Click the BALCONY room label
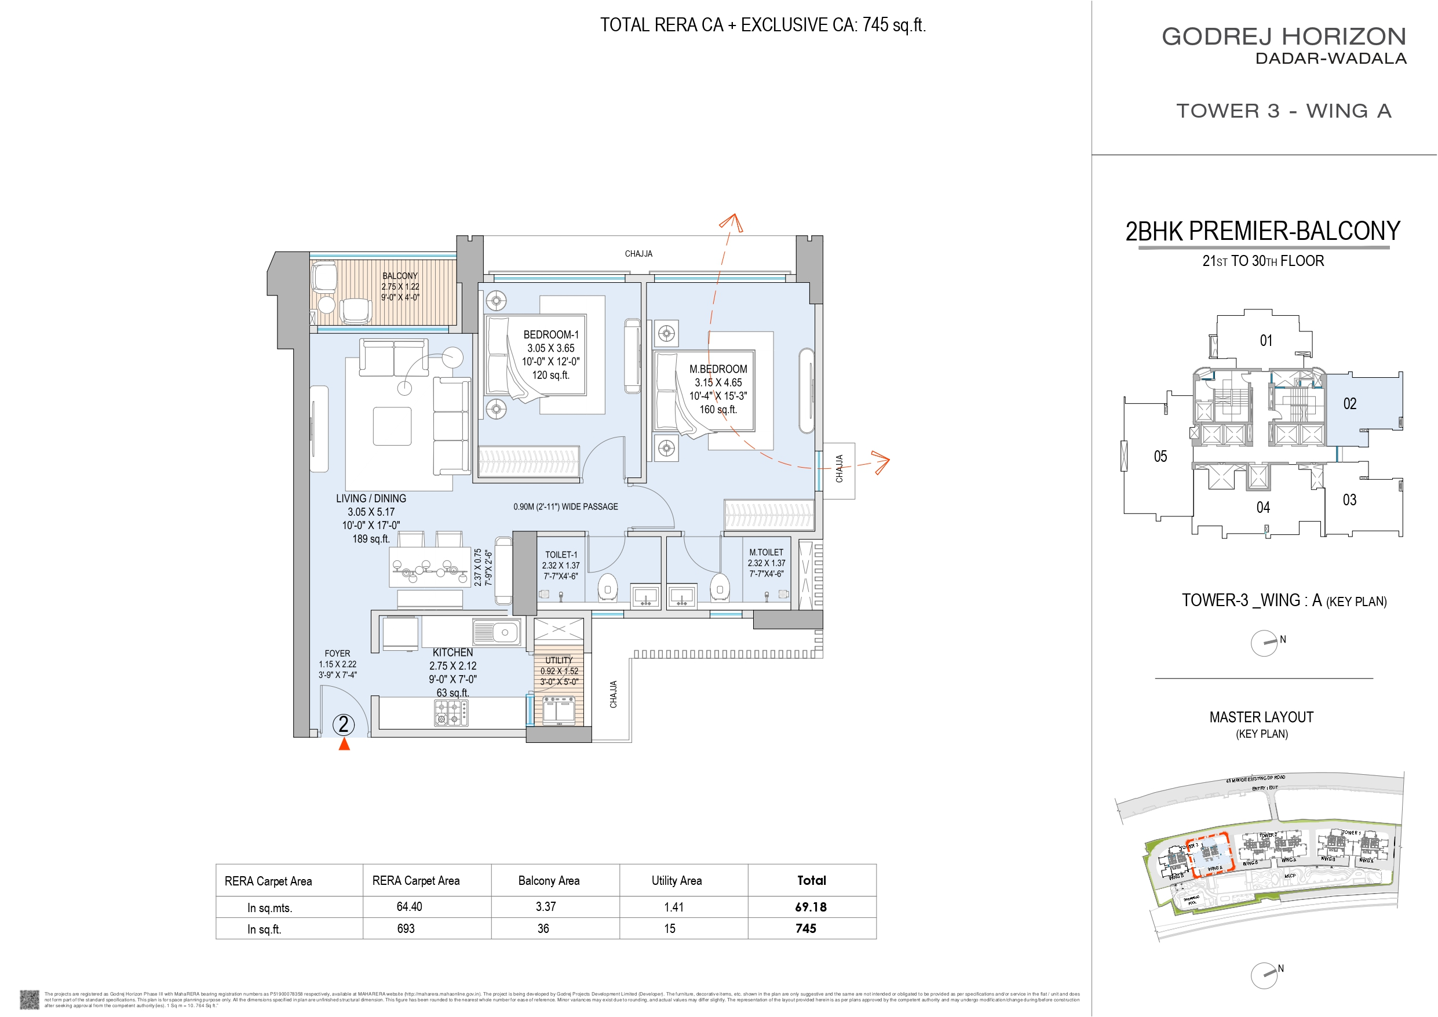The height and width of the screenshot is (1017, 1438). (400, 276)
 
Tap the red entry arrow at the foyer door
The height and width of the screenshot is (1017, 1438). (344, 744)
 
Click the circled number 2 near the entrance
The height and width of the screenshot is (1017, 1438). (343, 725)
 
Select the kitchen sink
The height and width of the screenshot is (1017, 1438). (497, 632)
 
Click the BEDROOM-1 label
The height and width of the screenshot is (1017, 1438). (551, 334)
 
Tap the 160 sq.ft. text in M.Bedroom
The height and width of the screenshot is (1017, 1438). (718, 410)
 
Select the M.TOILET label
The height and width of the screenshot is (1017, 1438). (766, 552)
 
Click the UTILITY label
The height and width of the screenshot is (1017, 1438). (559, 661)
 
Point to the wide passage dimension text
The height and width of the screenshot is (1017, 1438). (565, 506)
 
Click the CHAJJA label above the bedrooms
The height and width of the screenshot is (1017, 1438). (638, 254)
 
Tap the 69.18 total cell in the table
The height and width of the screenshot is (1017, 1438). (811, 907)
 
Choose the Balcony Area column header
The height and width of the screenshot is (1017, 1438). (549, 880)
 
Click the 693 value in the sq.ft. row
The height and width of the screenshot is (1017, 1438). (406, 929)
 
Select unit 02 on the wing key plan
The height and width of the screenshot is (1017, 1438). (1350, 404)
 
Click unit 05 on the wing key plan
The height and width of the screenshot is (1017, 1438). (1160, 457)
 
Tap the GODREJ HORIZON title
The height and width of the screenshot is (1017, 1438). (1284, 37)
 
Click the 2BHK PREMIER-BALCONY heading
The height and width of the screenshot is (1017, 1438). (1262, 231)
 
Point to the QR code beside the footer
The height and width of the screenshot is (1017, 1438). (30, 1000)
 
